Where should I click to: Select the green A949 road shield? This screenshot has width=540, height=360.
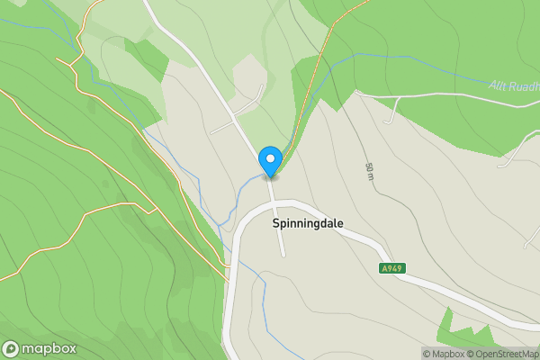(x=391, y=268)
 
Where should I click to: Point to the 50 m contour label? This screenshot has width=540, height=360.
(x=369, y=172)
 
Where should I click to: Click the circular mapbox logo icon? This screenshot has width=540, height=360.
(x=11, y=348)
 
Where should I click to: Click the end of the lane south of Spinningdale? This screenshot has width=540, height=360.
(x=283, y=255)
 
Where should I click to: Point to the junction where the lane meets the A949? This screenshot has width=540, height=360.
(x=275, y=204)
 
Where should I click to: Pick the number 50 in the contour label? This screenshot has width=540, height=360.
(x=369, y=167)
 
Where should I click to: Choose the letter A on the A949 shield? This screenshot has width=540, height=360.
(x=383, y=268)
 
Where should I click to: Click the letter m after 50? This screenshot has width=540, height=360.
(x=369, y=178)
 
